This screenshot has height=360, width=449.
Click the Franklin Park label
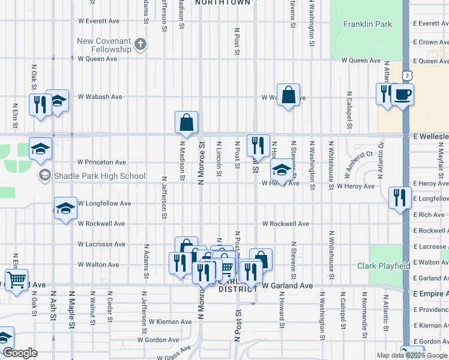(x=367, y=25)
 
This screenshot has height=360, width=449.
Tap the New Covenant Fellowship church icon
(x=140, y=44)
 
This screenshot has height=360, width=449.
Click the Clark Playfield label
(x=384, y=266)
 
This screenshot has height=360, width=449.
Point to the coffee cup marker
(x=403, y=94)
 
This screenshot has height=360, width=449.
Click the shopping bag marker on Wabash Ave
(x=289, y=95)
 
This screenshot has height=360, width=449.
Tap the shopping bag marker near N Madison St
(x=187, y=122)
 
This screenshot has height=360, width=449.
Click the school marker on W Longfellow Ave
(x=65, y=208)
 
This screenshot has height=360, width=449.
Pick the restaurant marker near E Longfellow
(x=399, y=197)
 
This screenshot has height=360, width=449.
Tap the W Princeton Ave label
(x=102, y=162)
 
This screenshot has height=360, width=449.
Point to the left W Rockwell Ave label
(x=101, y=224)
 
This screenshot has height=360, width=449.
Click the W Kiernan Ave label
(x=170, y=322)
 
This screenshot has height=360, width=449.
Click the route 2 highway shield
(x=408, y=75)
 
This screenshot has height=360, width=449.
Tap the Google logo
(x=19, y=353)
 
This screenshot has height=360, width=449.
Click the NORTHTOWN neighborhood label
(x=222, y=3)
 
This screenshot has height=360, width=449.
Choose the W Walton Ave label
(x=98, y=265)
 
